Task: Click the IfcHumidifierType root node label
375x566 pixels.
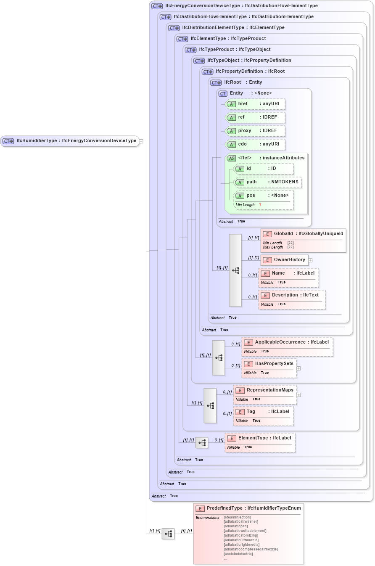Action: coord(70,141)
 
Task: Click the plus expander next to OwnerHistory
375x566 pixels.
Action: coord(310,260)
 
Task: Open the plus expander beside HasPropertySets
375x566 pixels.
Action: coord(298,368)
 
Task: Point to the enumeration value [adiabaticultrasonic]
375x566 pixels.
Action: coord(241,540)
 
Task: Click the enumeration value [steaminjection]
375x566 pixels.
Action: coord(238,517)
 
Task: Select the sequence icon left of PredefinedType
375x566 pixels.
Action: coord(168,534)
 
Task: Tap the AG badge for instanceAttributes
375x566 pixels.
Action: coord(231,159)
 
